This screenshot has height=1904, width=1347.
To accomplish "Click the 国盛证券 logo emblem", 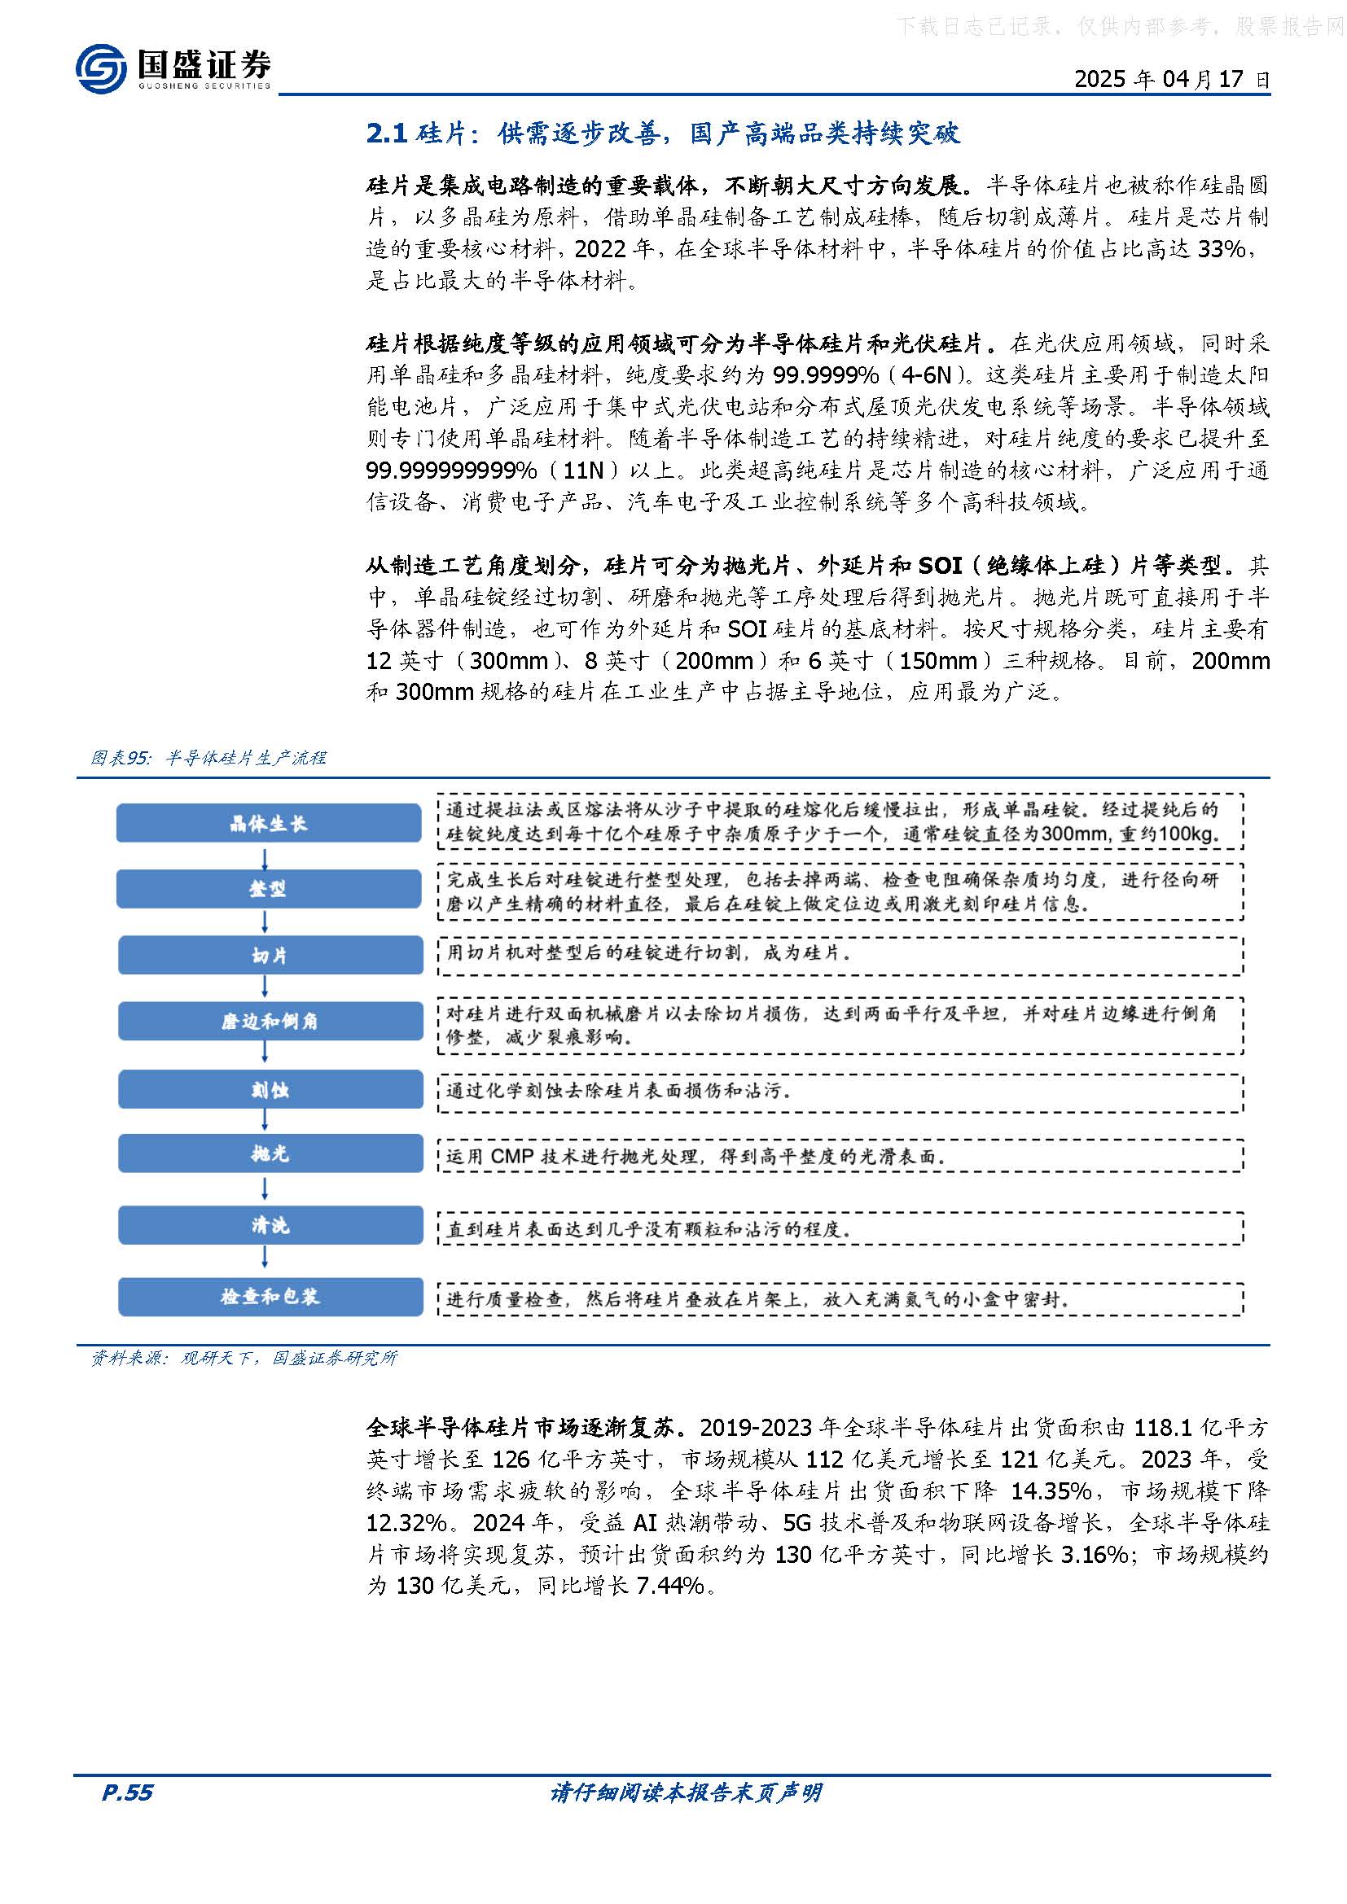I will tap(100, 68).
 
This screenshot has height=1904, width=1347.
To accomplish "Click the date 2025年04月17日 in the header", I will tap(1171, 80).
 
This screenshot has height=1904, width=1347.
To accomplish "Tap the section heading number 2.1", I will tap(386, 133).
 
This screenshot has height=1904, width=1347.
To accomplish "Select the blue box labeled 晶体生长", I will tap(269, 824).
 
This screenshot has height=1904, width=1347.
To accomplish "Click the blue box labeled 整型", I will tap(269, 889).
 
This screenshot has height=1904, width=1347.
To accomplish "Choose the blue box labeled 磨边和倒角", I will tap(270, 1022).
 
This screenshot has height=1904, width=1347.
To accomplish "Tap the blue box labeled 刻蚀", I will tap(270, 1090).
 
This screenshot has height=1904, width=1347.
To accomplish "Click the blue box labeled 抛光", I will tap(270, 1153).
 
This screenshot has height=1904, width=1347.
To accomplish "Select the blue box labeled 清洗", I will tap(270, 1226).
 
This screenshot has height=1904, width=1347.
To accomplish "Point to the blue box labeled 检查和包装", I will tap(270, 1297).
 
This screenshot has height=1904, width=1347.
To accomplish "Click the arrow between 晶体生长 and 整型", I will tap(265, 856).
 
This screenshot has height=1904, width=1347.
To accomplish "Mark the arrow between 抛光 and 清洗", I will tap(265, 1189).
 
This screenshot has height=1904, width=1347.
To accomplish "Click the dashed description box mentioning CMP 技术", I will tap(840, 1155).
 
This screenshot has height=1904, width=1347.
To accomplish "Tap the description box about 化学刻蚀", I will tap(840, 1091).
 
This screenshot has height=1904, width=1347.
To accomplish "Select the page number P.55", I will tap(127, 1792).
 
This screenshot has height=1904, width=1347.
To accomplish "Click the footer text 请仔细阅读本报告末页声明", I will tap(685, 1792).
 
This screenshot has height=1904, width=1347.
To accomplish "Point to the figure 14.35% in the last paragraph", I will tap(1050, 1491).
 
